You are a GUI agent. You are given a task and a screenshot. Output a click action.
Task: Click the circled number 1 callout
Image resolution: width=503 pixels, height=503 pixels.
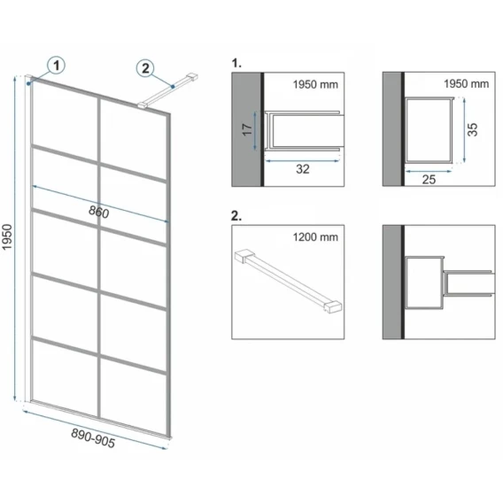pyautogui.click(x=56, y=66)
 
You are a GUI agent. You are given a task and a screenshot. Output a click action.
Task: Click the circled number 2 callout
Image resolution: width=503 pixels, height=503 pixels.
pyautogui.click(x=145, y=68)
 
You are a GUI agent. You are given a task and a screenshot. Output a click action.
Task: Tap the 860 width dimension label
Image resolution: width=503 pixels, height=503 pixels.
pyautogui.click(x=99, y=212)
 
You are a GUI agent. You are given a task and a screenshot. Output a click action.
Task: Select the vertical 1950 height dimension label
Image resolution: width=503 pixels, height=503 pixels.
pyautogui.click(x=7, y=237)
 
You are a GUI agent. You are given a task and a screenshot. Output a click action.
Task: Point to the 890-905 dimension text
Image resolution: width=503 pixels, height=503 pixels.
pyautogui.click(x=93, y=438)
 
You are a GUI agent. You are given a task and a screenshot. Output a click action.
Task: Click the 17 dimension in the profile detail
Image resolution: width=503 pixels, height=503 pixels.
pyautogui.click(x=247, y=129)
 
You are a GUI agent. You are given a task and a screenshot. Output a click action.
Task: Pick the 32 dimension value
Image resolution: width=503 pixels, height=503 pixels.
pyautogui.click(x=303, y=169)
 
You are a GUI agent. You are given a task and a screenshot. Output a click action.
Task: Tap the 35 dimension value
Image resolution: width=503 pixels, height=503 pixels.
pyautogui.click(x=473, y=129)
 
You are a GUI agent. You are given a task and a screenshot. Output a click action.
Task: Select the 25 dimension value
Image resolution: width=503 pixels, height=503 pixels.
pyautogui.click(x=429, y=180)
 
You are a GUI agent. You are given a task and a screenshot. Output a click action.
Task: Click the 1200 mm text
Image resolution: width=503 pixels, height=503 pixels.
pyautogui.click(x=315, y=237)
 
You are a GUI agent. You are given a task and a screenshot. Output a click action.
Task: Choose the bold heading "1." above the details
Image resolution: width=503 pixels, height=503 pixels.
pyautogui.click(x=236, y=64)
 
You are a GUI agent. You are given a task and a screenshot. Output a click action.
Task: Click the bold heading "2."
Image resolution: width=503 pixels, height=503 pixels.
pyautogui.click(x=236, y=216)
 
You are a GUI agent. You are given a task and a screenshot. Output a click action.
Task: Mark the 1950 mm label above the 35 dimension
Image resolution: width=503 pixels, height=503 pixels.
pyautogui.click(x=467, y=84)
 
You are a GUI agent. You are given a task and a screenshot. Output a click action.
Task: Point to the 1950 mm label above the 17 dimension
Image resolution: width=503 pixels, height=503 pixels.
pyautogui.click(x=315, y=85)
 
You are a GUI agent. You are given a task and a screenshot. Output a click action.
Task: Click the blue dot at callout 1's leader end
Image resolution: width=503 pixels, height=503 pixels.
pyautogui.click(x=29, y=83)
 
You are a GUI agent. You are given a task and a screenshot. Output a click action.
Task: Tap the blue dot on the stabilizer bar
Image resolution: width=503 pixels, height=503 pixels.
pyautogui.click(x=173, y=86)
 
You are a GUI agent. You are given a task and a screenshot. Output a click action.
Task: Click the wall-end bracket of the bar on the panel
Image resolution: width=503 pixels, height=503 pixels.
pyautogui.click(x=192, y=77)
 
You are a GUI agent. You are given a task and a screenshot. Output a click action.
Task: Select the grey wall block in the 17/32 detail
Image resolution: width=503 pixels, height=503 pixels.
pyautogui.click(x=246, y=129)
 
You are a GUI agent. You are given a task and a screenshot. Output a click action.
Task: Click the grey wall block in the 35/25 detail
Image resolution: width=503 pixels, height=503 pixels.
pyautogui.click(x=391, y=129)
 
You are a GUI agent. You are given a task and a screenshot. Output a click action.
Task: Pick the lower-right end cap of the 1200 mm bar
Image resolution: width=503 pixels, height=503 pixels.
pyautogui.click(x=334, y=306)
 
